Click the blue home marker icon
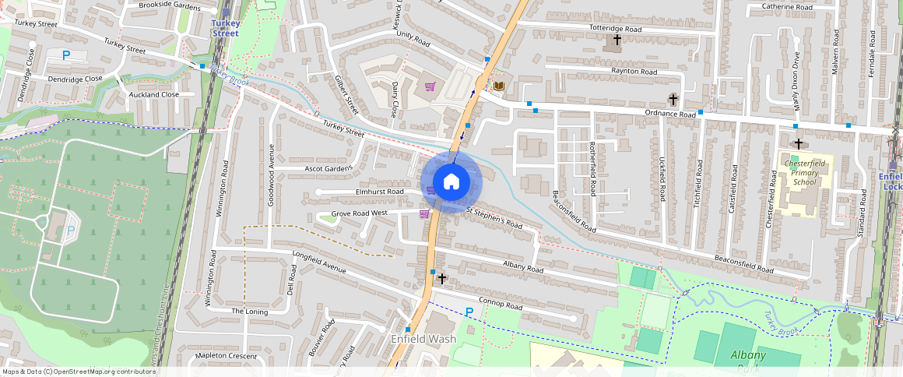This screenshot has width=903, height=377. [x=451, y=182]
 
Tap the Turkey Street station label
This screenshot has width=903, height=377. [x=226, y=28]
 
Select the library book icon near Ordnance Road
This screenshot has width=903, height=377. [x=497, y=86]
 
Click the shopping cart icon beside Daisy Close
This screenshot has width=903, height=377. [x=429, y=86]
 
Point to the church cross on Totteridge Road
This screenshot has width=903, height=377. [x=617, y=40]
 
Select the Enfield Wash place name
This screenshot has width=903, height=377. [x=423, y=340]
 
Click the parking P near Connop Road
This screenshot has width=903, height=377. [x=469, y=312]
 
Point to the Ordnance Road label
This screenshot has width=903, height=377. [x=669, y=114]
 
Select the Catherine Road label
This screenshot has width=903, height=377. [x=787, y=7]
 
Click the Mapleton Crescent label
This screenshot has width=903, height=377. [x=226, y=355]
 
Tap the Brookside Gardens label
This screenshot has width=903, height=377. [x=169, y=5]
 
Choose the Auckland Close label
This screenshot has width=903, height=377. [x=153, y=94]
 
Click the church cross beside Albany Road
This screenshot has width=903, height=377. [x=442, y=278]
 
